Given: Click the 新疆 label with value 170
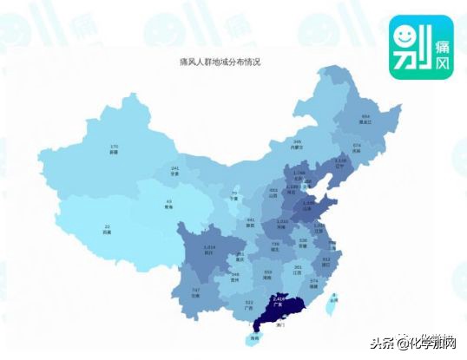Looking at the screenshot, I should pos(114,149).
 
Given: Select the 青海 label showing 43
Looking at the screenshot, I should pos(169,205).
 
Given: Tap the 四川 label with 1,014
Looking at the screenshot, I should pos(208,248).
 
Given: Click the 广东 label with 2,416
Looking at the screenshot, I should pos(278,302).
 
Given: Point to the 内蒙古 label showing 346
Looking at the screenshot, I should pos(297,144).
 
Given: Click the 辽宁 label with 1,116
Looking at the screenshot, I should pos(340,163).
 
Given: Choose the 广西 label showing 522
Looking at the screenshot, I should pos(249,304).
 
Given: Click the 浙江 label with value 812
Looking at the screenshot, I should pos(326,260).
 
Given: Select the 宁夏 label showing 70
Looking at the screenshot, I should pos(233,195).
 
